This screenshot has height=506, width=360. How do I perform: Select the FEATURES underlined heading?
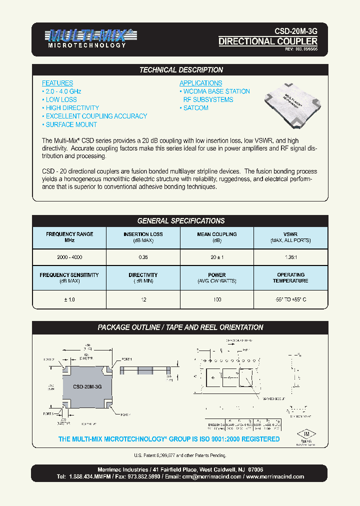[x=57, y=83]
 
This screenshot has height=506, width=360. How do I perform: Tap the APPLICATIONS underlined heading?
[x=200, y=83]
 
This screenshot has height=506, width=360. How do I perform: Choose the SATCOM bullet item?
[x=194, y=108]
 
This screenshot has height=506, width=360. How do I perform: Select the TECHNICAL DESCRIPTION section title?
[x=180, y=70]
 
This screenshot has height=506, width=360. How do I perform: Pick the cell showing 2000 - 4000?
[x=69, y=257]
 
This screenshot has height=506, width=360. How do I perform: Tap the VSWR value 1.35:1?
[x=290, y=257]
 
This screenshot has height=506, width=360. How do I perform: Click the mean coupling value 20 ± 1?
[x=216, y=257]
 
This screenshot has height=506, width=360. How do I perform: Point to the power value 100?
[x=216, y=298]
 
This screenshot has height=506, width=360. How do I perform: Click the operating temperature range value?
[x=290, y=298]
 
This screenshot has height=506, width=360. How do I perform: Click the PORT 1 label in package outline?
[x=126, y=359]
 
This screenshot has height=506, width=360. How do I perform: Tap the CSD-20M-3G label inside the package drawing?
[x=87, y=387]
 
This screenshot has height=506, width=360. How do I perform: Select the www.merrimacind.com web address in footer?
[x=275, y=476]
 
